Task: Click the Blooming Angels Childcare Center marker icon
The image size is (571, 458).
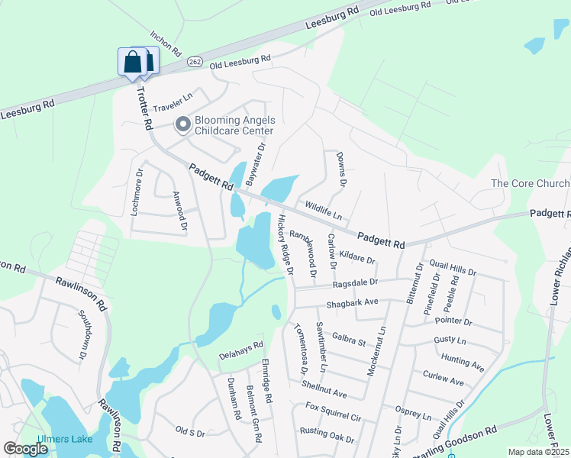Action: tap(182, 124)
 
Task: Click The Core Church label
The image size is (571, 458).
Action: tap(530, 184)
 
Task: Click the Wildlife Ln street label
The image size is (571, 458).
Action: tap(323, 206)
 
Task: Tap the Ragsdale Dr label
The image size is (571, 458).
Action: tap(355, 282)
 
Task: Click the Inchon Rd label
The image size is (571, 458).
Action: tap(166, 44)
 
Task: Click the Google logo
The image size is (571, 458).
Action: tap(25, 449)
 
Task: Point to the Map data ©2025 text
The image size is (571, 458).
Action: tap(538, 452)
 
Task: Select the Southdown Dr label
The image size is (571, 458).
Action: tap(82, 334)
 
